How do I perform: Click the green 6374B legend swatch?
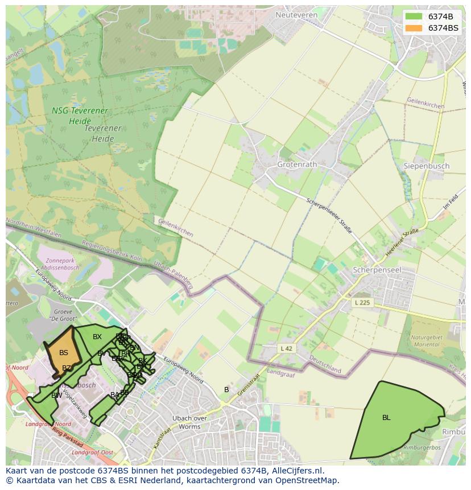(x=414, y=17)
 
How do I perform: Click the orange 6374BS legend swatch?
(x=414, y=28)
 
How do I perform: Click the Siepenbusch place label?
(x=426, y=166)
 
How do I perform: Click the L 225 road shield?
(x=362, y=302)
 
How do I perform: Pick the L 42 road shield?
(x=287, y=348)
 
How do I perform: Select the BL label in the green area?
(x=386, y=418)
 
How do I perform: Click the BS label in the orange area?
(x=63, y=353)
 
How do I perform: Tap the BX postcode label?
(x=97, y=337)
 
